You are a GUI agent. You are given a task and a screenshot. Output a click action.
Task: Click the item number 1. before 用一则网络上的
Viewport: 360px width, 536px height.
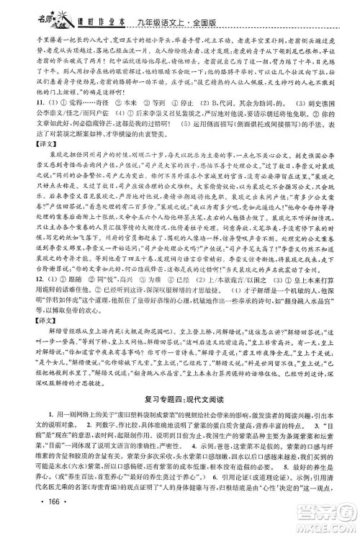click(32, 434)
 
